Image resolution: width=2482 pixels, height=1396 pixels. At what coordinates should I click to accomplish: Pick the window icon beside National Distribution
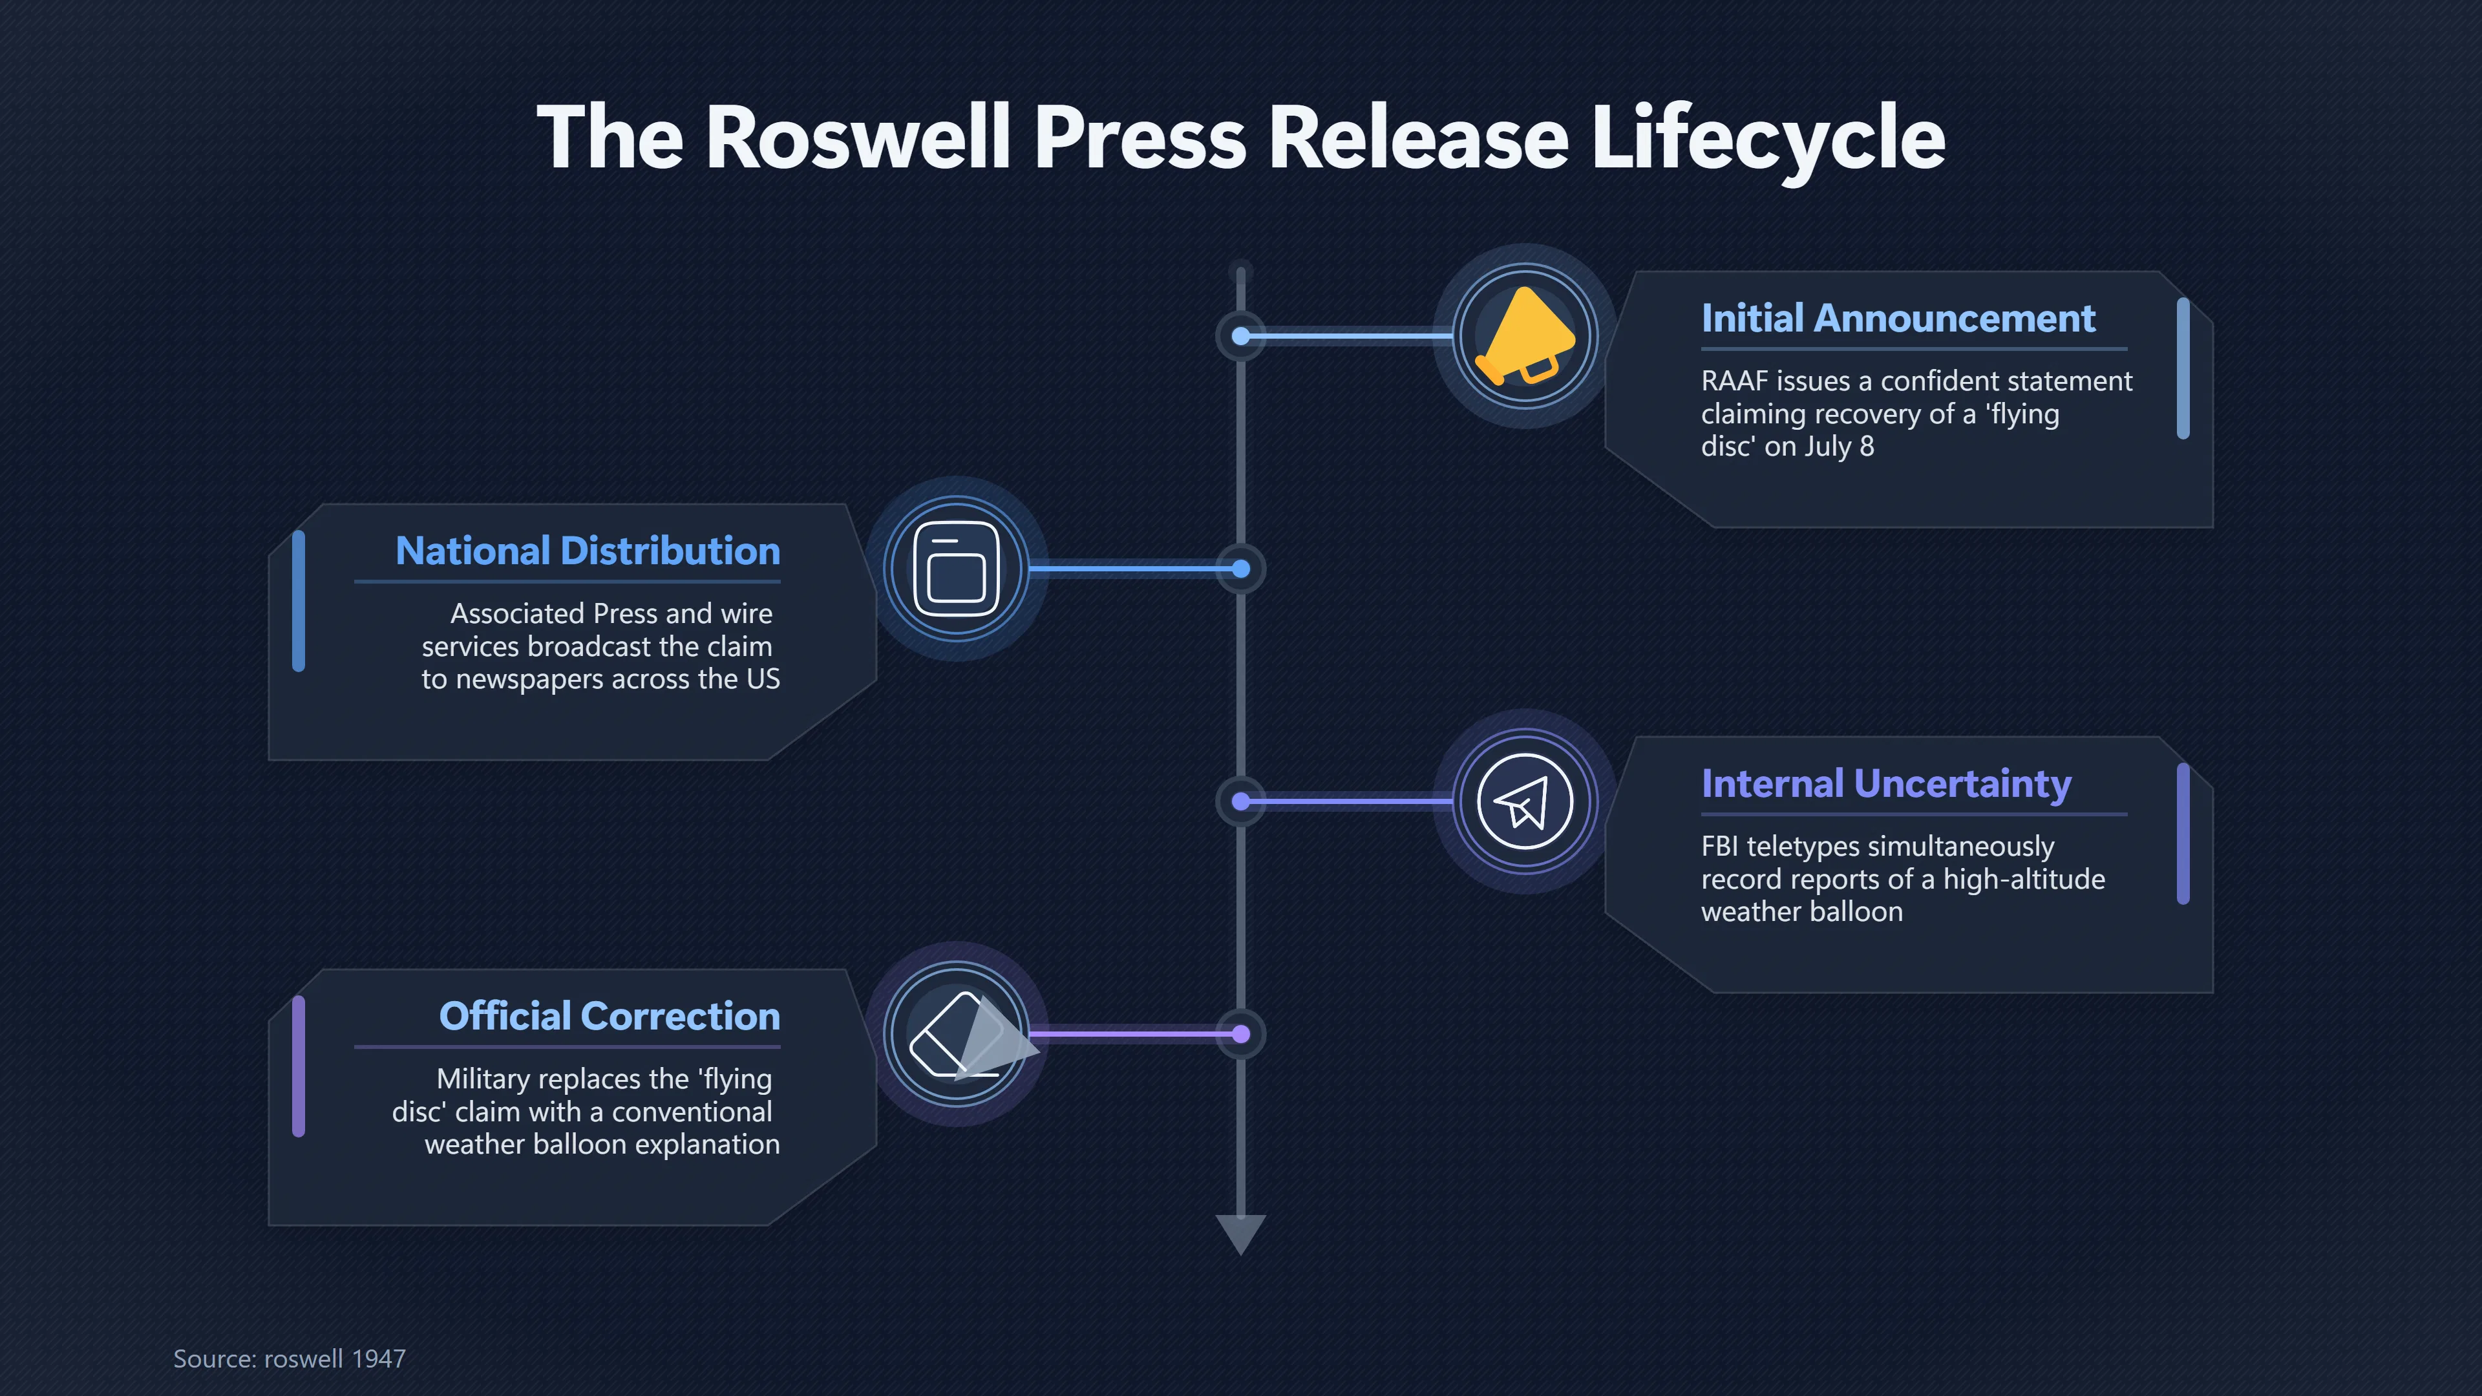tap(957, 569)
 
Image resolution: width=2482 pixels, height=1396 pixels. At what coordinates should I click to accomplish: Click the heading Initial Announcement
tap(1898, 318)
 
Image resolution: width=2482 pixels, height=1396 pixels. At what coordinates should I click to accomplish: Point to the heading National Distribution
tap(588, 551)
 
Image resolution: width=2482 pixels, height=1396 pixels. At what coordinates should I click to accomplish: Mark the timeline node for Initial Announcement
tap(1241, 336)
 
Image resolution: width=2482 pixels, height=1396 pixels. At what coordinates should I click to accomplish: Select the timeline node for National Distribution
tap(1241, 569)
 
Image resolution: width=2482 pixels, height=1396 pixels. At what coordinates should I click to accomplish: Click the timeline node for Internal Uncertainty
tap(1241, 801)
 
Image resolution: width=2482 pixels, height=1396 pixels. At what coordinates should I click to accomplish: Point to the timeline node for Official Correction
tap(1241, 1034)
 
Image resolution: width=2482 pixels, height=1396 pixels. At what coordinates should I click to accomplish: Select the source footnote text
tap(289, 1359)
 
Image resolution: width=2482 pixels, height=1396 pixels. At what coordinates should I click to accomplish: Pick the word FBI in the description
tap(1720, 847)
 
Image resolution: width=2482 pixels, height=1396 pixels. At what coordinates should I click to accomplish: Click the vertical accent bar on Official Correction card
tap(299, 1066)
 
